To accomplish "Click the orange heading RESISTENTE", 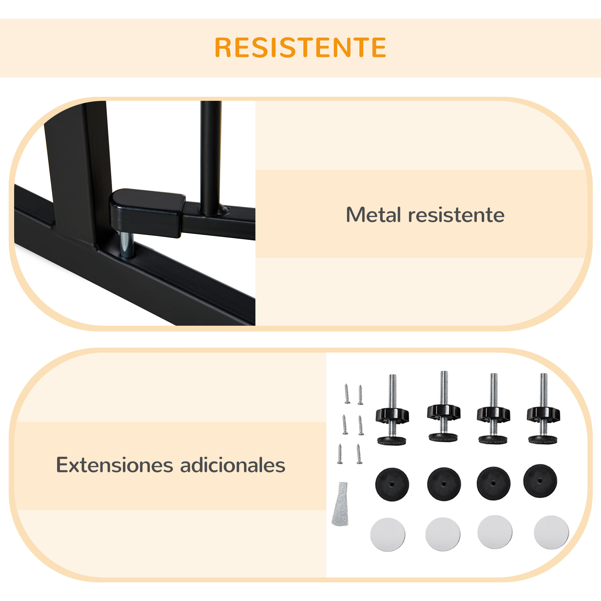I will [x=300, y=47].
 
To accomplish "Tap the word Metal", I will [x=373, y=215].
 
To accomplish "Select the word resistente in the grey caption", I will [x=456, y=215].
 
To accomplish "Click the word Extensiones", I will [x=114, y=465].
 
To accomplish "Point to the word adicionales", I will [x=233, y=465].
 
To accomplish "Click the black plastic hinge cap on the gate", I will [x=147, y=212].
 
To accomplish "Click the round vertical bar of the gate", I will [x=211, y=156].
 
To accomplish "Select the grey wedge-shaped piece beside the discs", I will [x=341, y=504].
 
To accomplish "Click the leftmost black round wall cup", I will [x=392, y=484].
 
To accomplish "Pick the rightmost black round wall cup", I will [x=540, y=481].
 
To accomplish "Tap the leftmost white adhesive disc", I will [x=388, y=534].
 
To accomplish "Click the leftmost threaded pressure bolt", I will [x=392, y=410].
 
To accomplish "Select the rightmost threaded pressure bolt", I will [x=543, y=409].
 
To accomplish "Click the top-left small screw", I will [x=347, y=394].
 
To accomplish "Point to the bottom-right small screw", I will [x=359, y=454].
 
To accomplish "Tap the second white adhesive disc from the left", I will [x=443, y=534].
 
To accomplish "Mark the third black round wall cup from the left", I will [x=493, y=484].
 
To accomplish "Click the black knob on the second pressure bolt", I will [x=444, y=413].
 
